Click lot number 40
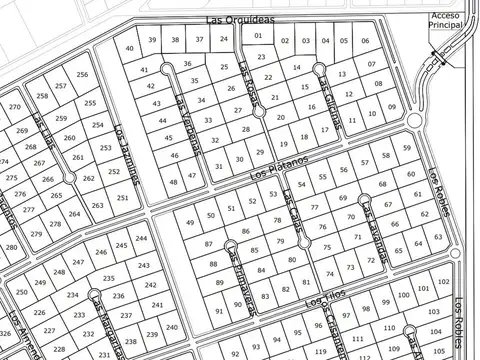(x=129, y=48)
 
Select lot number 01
(x=258, y=35)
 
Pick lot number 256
(x=82, y=74)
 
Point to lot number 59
(x=406, y=148)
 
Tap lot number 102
(x=418, y=284)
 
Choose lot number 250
(x=22, y=291)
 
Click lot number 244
(x=140, y=239)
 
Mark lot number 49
(x=190, y=222)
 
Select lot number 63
(x=437, y=238)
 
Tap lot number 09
(x=391, y=107)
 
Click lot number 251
(x=123, y=198)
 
